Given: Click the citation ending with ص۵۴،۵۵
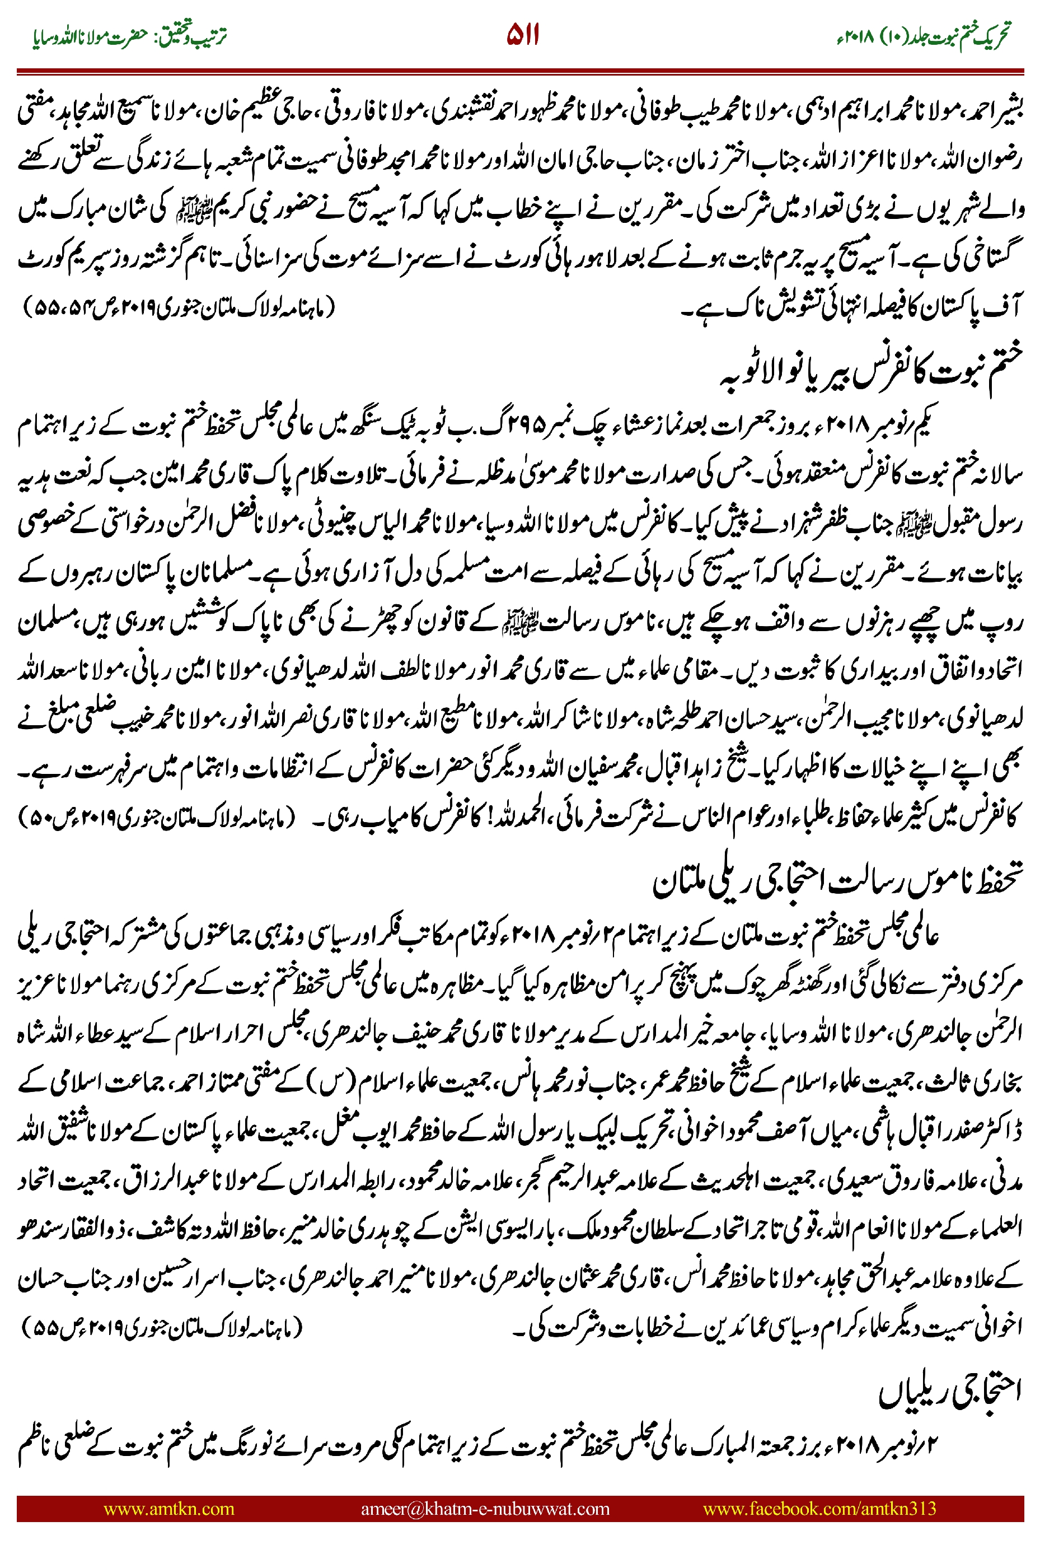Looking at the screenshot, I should pos(179,309).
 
